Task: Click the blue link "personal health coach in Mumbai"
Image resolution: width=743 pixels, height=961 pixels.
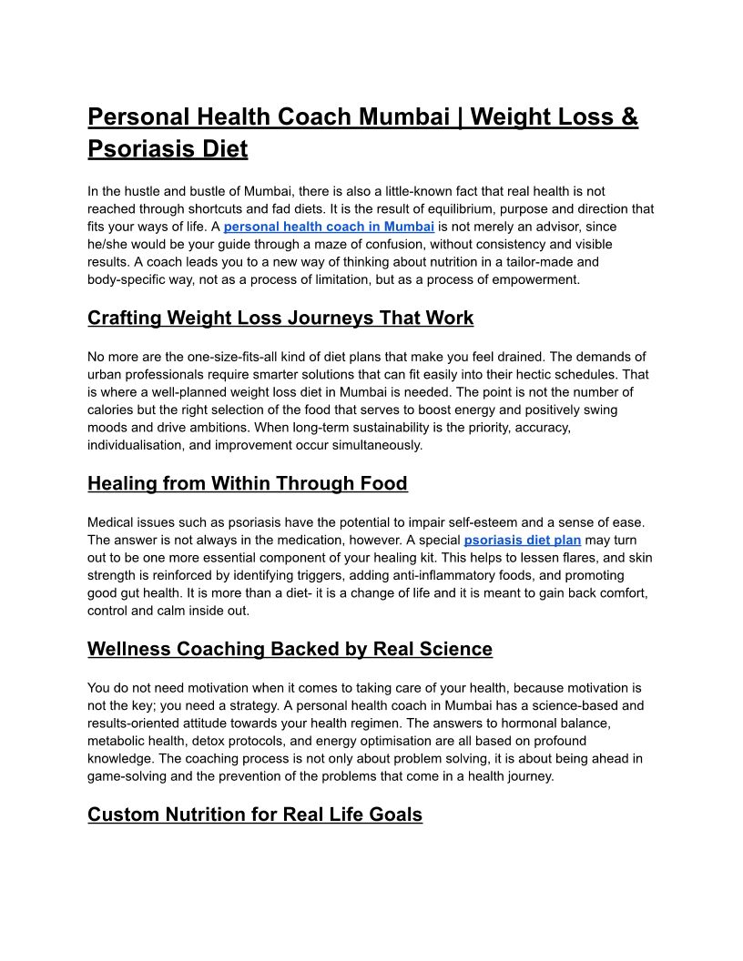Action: coord(329,227)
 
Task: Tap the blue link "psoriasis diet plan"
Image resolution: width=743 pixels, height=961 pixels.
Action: coord(522,540)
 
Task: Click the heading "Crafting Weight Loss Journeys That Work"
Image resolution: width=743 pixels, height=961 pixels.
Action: coord(280,319)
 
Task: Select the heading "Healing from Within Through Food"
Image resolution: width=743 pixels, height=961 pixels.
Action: coord(247,484)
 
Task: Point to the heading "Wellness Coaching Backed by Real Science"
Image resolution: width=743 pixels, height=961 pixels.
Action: coord(290,650)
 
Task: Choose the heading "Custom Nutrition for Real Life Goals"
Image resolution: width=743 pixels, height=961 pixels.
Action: coord(255,814)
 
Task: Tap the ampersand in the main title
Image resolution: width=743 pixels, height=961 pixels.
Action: coord(628,118)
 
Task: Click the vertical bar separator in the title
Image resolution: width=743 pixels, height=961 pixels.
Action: coord(462,118)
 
